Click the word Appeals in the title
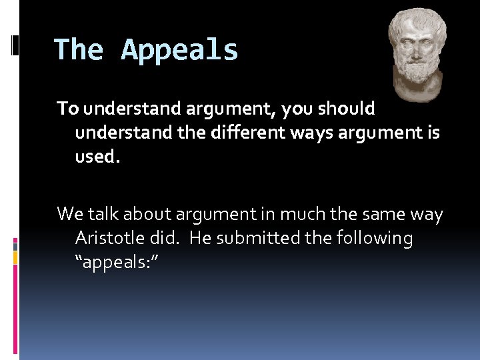[x=179, y=51]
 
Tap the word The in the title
[x=79, y=51]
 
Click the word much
[x=294, y=214]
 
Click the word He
[x=200, y=238]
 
